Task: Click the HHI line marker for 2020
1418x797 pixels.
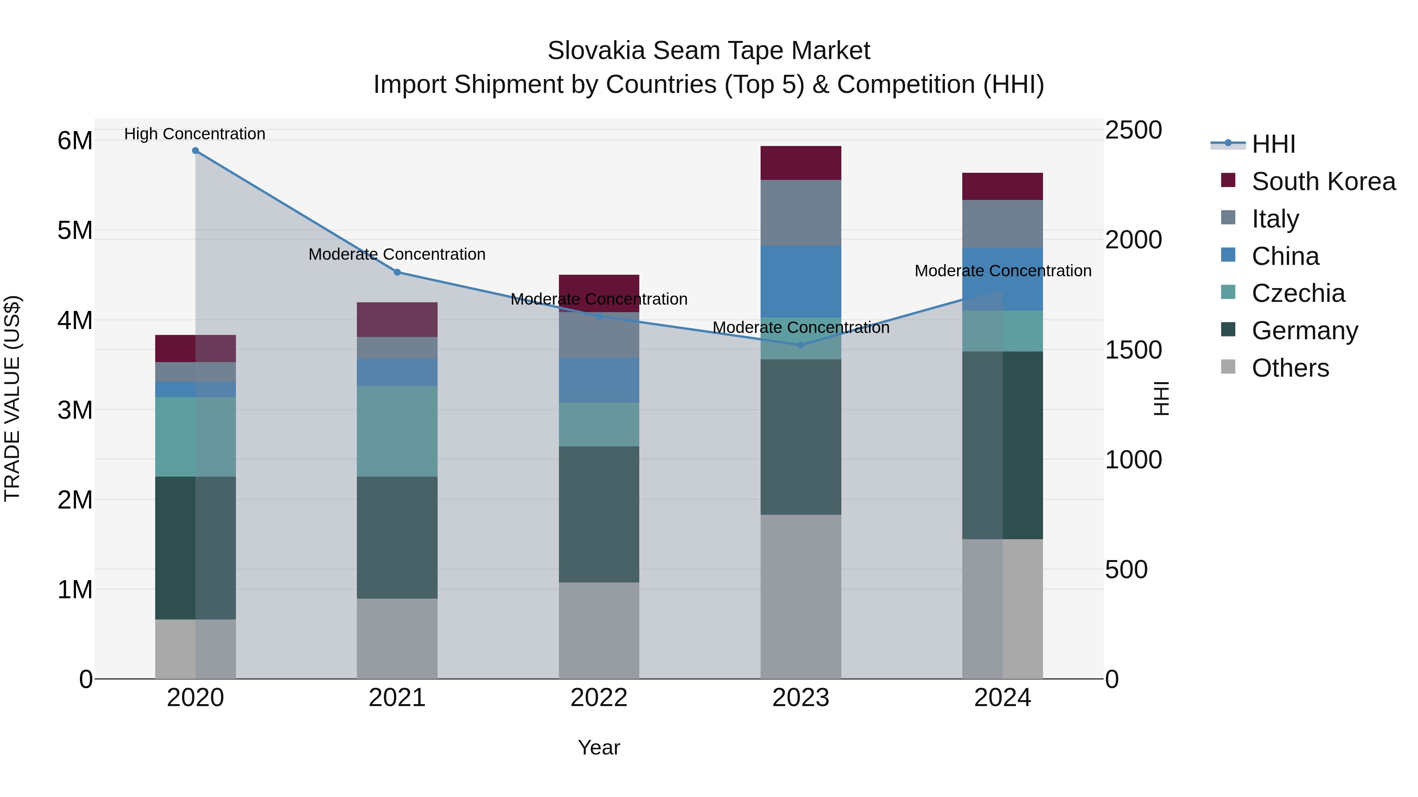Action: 195,151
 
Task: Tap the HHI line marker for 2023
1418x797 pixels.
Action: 801,345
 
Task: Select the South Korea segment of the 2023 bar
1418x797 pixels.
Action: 801,163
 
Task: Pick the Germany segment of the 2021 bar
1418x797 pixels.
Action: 397,537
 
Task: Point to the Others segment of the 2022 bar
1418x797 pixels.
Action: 599,631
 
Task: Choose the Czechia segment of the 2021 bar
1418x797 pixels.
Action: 397,431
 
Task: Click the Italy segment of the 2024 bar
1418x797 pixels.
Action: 1002,224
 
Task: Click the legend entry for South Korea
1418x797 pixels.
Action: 1323,181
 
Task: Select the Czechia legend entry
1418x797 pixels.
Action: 1298,293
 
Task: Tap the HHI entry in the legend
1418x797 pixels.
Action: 1273,144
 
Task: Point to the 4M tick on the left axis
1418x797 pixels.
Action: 75,320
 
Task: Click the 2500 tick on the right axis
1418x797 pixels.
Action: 1133,130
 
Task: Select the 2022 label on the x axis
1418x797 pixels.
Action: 599,698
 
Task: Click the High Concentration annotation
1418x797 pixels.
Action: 195,134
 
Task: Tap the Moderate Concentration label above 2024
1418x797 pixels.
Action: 1002,271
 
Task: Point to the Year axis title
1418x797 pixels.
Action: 599,747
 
